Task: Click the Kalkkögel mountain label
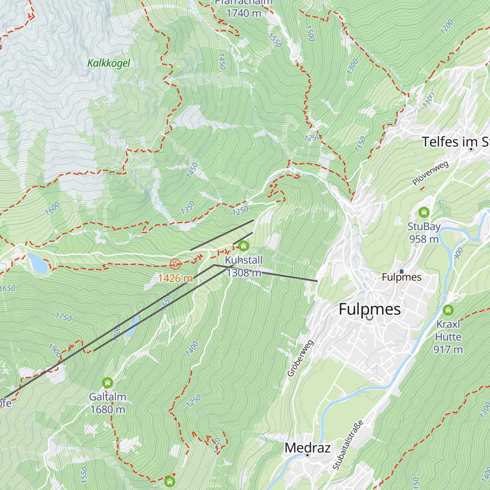click(109, 63)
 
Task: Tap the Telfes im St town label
click(455, 142)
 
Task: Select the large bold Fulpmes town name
click(370, 309)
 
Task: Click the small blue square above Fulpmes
click(401, 271)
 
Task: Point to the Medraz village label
click(307, 448)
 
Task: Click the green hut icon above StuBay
click(424, 212)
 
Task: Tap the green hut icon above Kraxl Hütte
click(448, 310)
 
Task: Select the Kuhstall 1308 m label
click(244, 266)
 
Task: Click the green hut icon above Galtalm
click(107, 383)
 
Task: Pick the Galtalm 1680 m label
click(108, 403)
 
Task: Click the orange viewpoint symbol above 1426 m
click(175, 264)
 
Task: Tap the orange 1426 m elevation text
click(175, 278)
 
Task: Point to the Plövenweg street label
click(430, 173)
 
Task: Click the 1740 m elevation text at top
click(244, 13)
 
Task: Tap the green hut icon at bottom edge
click(169, 481)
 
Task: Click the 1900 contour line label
click(55, 350)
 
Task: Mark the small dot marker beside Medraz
click(307, 455)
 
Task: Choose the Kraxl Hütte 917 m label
click(448, 337)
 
